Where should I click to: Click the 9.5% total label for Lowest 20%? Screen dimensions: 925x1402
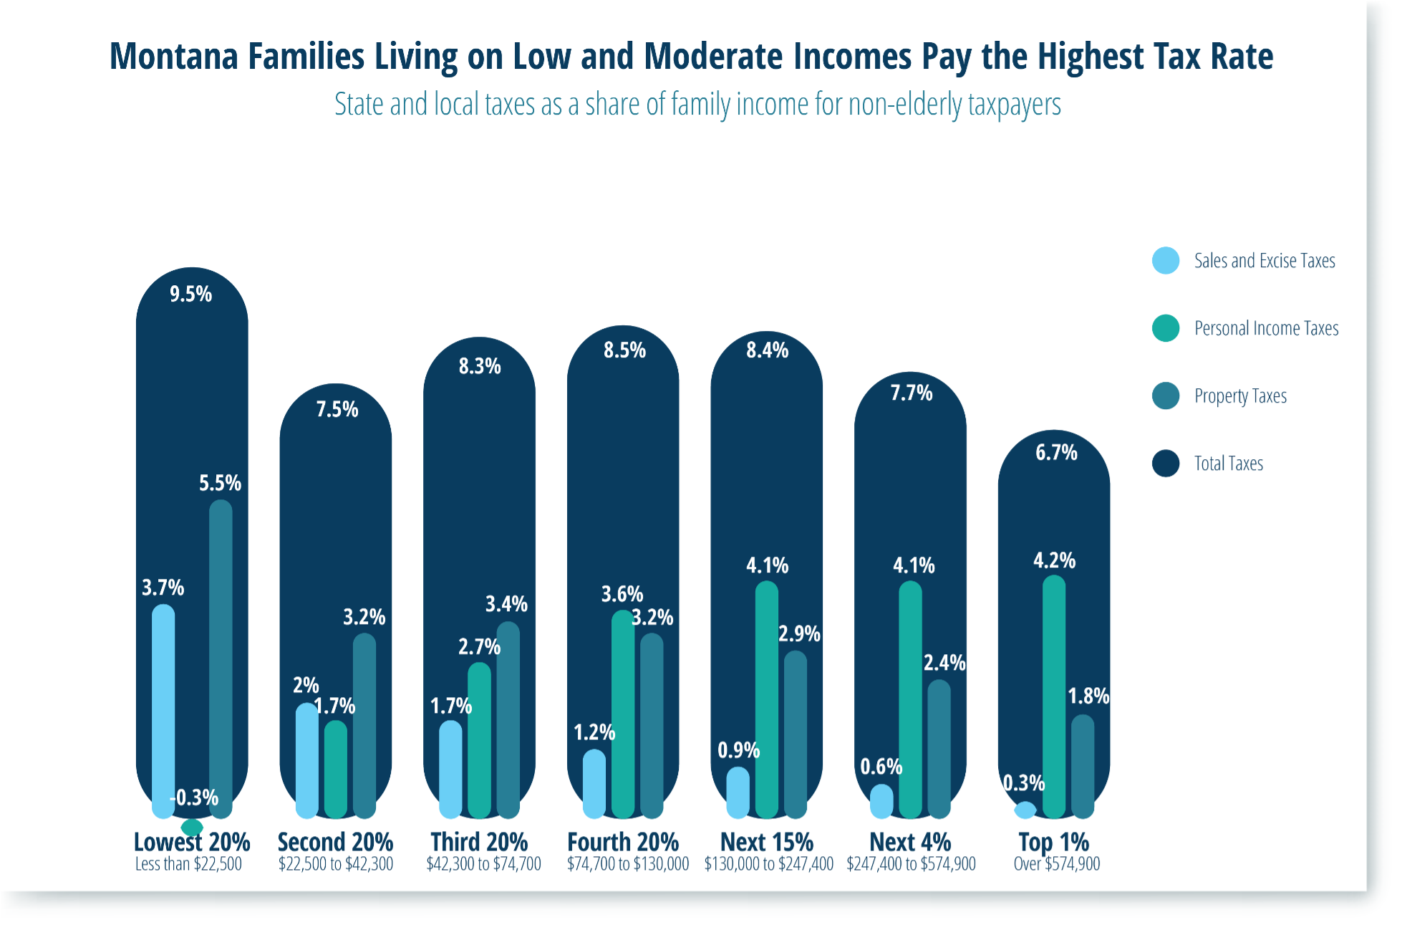[x=190, y=294]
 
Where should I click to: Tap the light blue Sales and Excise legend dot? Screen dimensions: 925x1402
[x=1166, y=261]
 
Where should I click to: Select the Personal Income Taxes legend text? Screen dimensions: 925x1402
[x=1266, y=328]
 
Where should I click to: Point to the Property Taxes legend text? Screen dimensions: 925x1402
[x=1240, y=396]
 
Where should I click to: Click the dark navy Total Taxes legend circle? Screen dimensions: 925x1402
[x=1166, y=464]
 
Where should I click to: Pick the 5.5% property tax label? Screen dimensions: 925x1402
[x=220, y=484]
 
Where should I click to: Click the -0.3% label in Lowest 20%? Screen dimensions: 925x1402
[x=194, y=797]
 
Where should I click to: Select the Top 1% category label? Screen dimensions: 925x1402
[x=1053, y=842]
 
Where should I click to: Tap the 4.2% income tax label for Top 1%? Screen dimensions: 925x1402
[x=1054, y=560]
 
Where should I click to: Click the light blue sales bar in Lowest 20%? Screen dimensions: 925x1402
[x=163, y=709]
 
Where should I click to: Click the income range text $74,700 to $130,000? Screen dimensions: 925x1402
[x=628, y=864]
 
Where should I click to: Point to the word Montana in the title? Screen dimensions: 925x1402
[x=173, y=57]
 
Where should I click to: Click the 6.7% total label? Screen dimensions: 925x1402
[x=1056, y=453]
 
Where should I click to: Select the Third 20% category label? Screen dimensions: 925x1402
[x=479, y=842]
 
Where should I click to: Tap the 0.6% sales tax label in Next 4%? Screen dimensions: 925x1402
[x=881, y=767]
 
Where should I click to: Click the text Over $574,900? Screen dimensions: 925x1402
[x=1056, y=864]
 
